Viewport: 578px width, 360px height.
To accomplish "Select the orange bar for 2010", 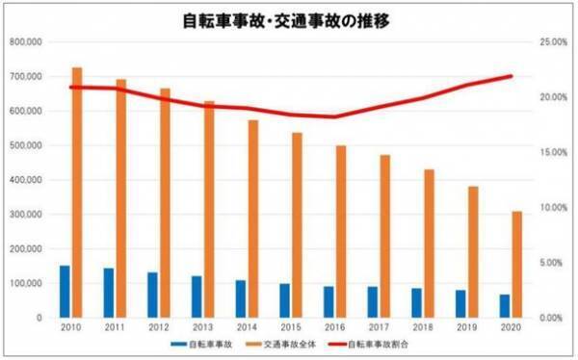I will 77,193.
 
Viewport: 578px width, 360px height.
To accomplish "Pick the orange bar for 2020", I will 518,264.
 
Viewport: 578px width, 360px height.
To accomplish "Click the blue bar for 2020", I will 505,306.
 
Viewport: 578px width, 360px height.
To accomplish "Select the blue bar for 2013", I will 197,296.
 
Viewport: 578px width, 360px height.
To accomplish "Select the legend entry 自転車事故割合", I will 397,344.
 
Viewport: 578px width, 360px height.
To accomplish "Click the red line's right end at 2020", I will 512,76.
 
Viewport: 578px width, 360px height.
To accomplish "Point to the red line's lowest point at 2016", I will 335,116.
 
